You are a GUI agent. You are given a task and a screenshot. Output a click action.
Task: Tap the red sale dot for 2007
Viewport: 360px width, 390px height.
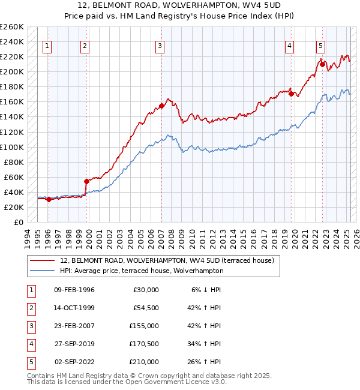pos(161,106)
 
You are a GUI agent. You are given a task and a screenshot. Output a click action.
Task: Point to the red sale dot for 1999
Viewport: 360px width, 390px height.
pos(86,181)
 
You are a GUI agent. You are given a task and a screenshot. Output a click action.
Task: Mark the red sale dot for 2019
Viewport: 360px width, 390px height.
pos(291,94)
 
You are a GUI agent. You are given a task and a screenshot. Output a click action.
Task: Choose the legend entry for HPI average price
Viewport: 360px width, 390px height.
pos(141,271)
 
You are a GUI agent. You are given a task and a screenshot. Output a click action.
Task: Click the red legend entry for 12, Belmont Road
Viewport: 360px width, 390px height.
pos(166,260)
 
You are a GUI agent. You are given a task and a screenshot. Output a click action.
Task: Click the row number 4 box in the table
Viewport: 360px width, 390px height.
pos(30,344)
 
